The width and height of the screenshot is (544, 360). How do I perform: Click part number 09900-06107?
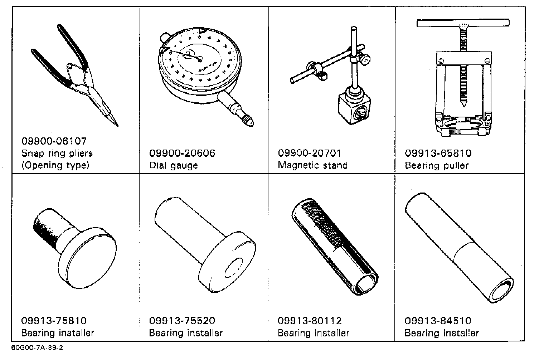coord(54,141)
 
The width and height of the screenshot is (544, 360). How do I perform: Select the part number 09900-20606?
coord(182,153)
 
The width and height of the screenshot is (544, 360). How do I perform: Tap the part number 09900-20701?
coord(310,153)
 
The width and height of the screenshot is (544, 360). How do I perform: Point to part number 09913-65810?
coord(438,153)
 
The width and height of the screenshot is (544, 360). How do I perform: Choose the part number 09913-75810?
coord(54,321)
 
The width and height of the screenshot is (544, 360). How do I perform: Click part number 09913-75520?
coord(182,321)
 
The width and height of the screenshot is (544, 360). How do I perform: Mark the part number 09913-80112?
coord(310,321)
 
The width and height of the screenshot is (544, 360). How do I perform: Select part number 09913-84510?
coord(438,321)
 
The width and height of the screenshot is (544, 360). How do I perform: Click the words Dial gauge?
coord(174,166)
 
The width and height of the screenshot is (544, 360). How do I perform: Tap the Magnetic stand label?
coord(313,165)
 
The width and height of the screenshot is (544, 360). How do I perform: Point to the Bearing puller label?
coord(437,166)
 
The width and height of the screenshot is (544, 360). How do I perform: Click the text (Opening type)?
coord(55,166)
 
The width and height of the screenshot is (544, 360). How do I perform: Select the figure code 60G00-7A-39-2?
coord(37,348)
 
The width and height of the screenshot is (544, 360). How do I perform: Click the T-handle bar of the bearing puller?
coord(463,23)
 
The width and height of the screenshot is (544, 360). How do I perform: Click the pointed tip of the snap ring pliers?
coord(117,125)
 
